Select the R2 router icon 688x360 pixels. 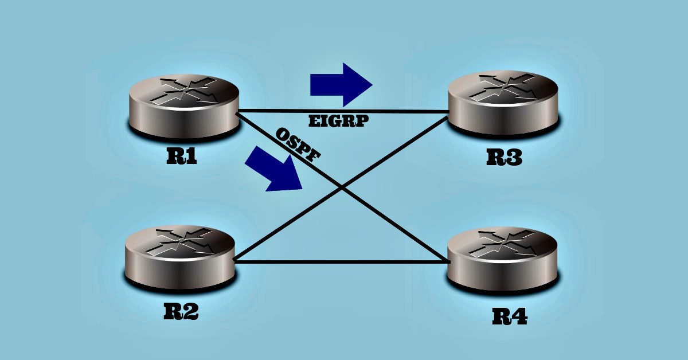point(179,257)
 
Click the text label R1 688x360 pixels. point(182,156)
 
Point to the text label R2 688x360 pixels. point(181,311)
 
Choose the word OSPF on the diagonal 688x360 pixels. point(298,146)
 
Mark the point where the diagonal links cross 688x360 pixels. point(342,187)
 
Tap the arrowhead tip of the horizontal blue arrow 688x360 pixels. point(372,85)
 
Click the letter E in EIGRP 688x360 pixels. point(314,122)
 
